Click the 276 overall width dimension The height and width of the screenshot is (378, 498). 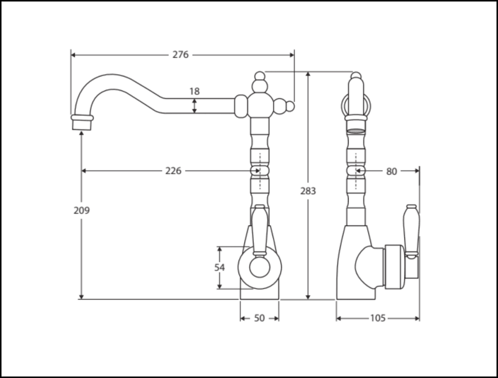click(x=180, y=55)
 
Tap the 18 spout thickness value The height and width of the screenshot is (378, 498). click(x=194, y=92)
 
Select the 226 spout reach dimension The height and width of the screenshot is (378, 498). click(x=173, y=171)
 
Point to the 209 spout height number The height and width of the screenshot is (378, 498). click(x=82, y=210)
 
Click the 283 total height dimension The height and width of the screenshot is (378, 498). click(x=308, y=191)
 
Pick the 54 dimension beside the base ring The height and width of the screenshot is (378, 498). click(x=220, y=267)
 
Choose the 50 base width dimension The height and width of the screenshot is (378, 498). click(x=259, y=318)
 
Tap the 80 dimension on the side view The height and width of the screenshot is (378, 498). click(x=391, y=172)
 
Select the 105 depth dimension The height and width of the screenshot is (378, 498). click(x=377, y=318)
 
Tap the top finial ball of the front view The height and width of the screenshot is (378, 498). click(x=260, y=76)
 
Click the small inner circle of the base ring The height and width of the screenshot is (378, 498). click(x=260, y=268)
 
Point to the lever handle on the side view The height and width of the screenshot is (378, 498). click(x=412, y=231)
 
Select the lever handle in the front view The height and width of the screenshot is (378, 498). click(x=260, y=230)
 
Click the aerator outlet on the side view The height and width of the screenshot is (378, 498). click(x=356, y=130)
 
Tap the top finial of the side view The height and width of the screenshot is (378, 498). click(x=356, y=76)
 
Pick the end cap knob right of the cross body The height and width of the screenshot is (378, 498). click(x=290, y=107)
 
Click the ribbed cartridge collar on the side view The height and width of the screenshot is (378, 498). click(x=394, y=267)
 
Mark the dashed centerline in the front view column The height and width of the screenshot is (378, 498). click(x=260, y=171)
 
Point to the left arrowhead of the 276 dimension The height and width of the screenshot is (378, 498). click(x=73, y=55)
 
